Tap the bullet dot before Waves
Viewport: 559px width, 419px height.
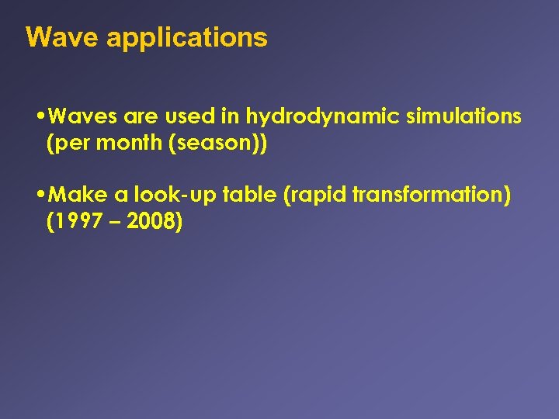[40, 117]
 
